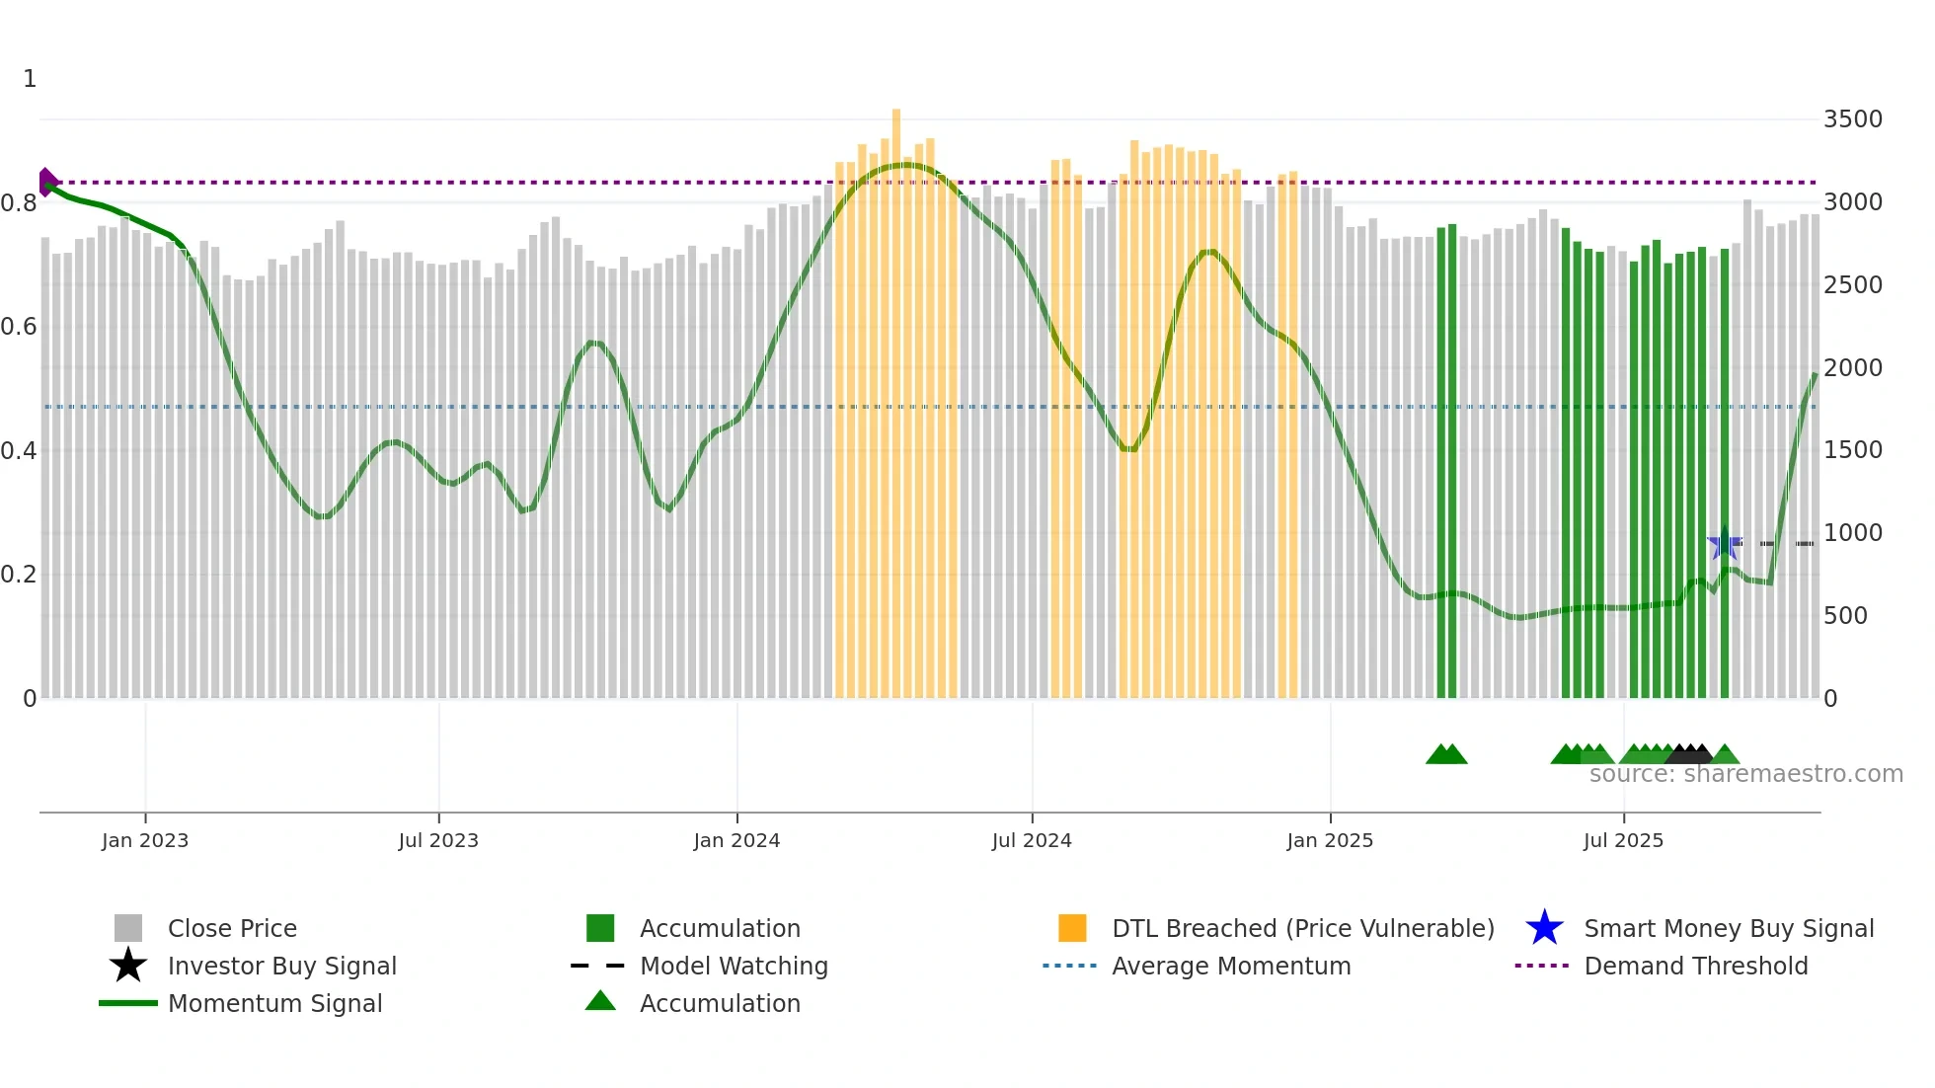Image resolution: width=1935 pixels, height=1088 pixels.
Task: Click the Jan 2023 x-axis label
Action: tap(144, 840)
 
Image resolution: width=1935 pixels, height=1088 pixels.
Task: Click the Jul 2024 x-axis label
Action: tap(1031, 840)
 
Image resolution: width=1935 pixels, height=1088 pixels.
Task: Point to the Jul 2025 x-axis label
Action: tap(1622, 840)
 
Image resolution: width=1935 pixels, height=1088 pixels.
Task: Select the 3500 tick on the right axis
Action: tap(1852, 119)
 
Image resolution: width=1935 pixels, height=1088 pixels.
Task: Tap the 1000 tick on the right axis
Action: tap(1852, 533)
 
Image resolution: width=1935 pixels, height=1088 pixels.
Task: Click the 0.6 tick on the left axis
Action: tap(19, 327)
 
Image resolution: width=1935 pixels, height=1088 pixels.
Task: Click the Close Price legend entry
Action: tap(231, 928)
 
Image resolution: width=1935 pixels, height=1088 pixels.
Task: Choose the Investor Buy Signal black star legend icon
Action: tap(128, 966)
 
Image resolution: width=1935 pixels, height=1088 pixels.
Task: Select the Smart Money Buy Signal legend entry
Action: tap(1728, 928)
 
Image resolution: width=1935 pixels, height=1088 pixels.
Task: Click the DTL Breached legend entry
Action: tap(1302, 928)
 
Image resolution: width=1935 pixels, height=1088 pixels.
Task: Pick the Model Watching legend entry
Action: tap(733, 966)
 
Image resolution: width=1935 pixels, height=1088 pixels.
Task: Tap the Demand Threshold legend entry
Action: tap(1695, 966)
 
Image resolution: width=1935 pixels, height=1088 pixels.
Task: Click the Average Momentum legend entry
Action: tap(1230, 966)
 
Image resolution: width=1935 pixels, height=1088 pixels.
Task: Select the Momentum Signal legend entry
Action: tap(274, 1003)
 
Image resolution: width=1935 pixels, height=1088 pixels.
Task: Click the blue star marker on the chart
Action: tap(1724, 543)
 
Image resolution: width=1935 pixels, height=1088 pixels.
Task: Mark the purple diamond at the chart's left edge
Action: tap(47, 182)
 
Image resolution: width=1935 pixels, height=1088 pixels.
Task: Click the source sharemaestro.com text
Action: tap(1745, 774)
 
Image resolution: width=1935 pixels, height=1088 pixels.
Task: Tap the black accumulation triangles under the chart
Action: tap(1690, 754)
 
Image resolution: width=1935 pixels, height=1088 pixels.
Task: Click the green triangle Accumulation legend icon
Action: tap(600, 1001)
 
